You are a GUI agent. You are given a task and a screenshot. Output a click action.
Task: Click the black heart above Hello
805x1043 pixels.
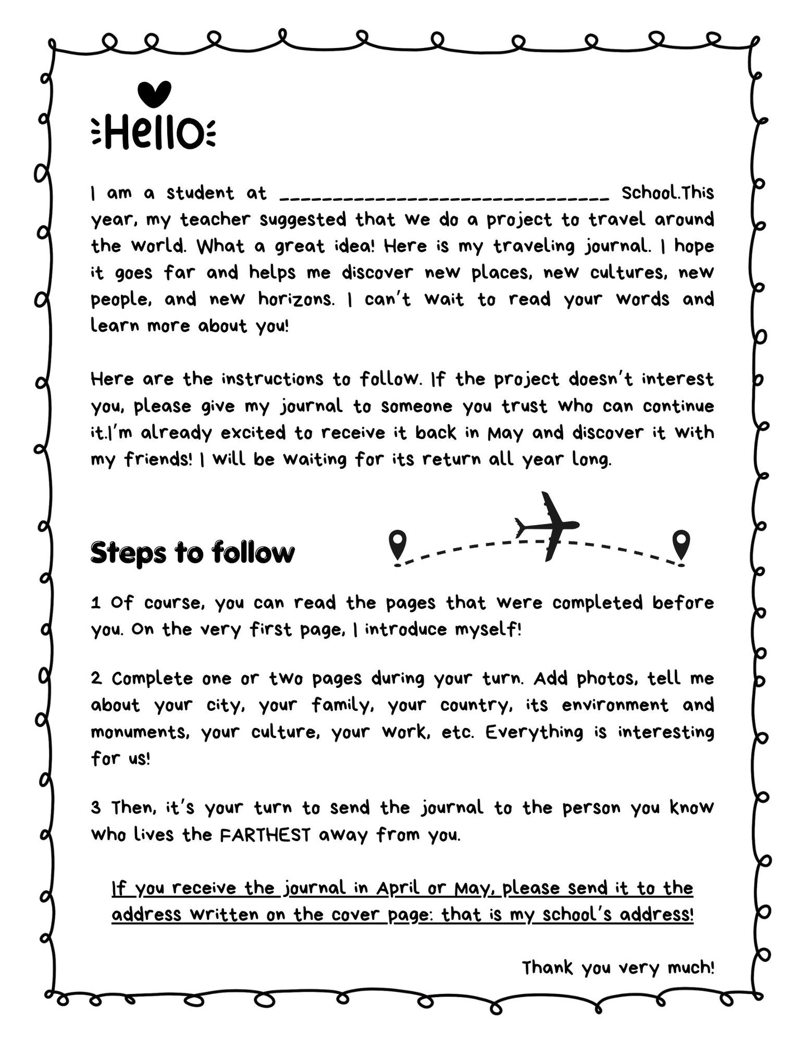[154, 94]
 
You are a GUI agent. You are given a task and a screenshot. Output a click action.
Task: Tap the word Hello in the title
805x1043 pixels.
[154, 133]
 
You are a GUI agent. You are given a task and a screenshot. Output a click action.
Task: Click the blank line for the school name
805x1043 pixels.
[444, 196]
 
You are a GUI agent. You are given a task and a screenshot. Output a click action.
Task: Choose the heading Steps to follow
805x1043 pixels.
[192, 553]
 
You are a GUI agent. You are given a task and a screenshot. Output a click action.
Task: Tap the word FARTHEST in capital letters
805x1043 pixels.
[265, 835]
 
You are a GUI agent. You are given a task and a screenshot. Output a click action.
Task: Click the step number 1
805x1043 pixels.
[96, 603]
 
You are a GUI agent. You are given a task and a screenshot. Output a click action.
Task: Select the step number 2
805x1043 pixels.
[96, 679]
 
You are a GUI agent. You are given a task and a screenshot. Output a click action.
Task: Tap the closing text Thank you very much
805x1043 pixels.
[617, 968]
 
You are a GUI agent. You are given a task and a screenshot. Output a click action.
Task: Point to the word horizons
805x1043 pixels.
[296, 300]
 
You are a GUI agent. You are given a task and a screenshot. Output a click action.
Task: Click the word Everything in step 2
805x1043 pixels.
[534, 732]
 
